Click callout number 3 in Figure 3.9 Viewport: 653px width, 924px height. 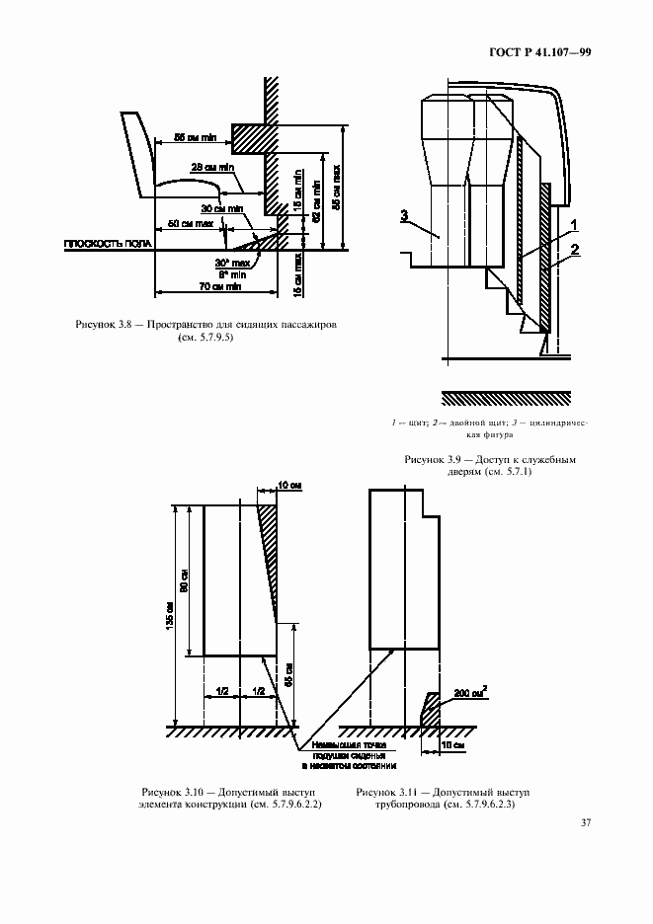[405, 214]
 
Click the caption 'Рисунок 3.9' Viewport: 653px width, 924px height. [435, 460]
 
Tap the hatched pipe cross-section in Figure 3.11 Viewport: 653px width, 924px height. [431, 710]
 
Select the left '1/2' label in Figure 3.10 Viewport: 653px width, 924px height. [222, 693]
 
